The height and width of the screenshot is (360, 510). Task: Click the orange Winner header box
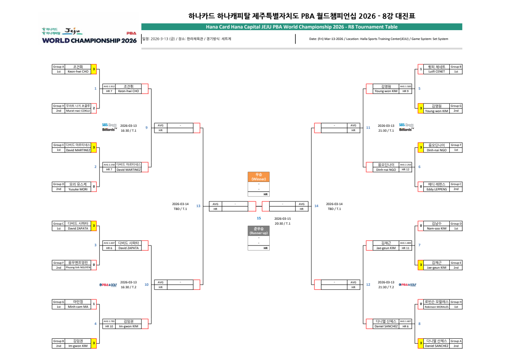pyautogui.click(x=258, y=177)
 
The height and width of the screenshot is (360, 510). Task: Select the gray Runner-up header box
pyautogui.click(x=258, y=231)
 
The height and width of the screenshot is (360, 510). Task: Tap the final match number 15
pyautogui.click(x=258, y=218)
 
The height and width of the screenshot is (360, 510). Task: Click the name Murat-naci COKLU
pyautogui.click(x=78, y=110)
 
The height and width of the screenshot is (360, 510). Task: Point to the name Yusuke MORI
pyautogui.click(x=78, y=189)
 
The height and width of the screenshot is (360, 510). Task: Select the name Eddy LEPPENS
pyautogui.click(x=437, y=189)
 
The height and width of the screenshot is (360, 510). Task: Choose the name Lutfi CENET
pyautogui.click(x=437, y=71)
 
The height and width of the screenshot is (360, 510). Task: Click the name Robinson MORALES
pyautogui.click(x=437, y=307)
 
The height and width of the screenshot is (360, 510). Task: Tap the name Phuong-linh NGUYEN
pyautogui.click(x=78, y=268)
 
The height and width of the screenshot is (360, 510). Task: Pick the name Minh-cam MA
pyautogui.click(x=78, y=307)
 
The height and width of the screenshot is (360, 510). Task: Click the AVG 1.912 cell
pyautogui.click(x=109, y=86)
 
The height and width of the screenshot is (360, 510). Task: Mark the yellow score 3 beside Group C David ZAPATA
pyautogui.click(x=94, y=226)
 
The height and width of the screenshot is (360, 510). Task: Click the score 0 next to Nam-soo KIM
pyautogui.click(x=421, y=226)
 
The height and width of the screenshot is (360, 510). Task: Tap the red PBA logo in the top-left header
pyautogui.click(x=132, y=33)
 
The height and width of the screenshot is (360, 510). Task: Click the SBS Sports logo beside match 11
pyautogui.click(x=406, y=127)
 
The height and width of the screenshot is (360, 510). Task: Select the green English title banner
pyautogui.click(x=301, y=27)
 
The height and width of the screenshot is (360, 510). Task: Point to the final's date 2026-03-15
pyautogui.click(x=282, y=219)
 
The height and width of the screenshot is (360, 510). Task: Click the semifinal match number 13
pyautogui.click(x=198, y=206)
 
